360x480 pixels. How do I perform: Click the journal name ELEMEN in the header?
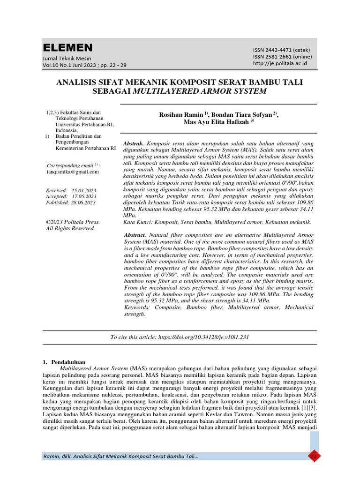tap(68, 48)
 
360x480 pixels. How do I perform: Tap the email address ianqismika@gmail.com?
tap(74, 172)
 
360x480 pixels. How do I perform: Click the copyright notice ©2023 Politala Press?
tap(73, 222)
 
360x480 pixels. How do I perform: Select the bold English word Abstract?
tap(135, 234)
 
